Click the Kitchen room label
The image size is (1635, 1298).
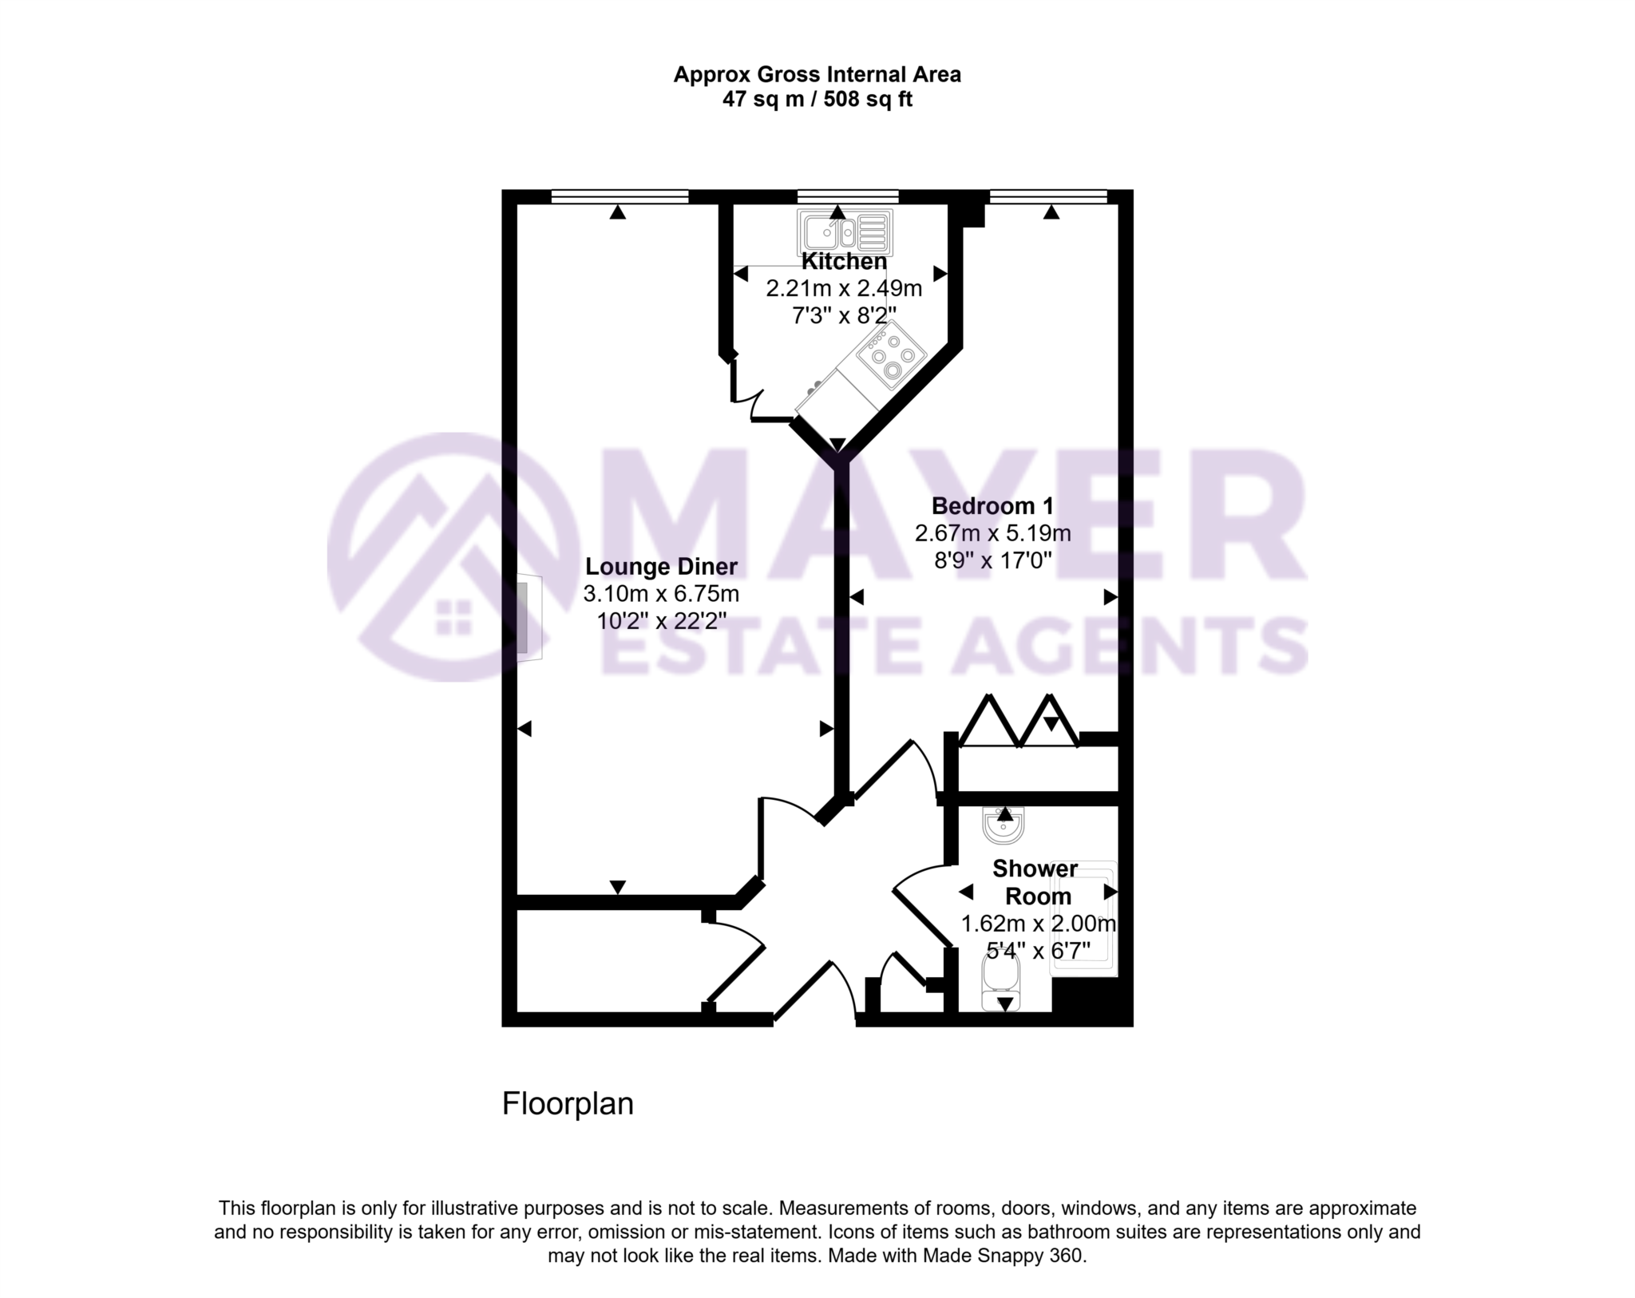844,261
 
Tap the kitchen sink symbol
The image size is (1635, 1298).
845,233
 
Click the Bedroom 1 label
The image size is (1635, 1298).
992,506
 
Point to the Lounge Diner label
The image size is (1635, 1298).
661,567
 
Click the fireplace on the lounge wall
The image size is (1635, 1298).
528,618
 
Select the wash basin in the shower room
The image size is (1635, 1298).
1004,827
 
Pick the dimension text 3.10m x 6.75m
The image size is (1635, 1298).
661,594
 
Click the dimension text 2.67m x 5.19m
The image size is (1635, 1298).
992,533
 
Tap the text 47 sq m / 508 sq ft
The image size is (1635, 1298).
817,100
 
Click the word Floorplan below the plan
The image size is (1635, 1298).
568,1104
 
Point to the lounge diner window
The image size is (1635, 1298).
620,196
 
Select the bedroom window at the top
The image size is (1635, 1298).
1048,196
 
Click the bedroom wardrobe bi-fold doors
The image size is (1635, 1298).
1019,722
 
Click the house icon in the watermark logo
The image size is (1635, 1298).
453,617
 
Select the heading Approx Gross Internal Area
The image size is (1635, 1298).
817,75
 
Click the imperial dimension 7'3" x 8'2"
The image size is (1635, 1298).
844,315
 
